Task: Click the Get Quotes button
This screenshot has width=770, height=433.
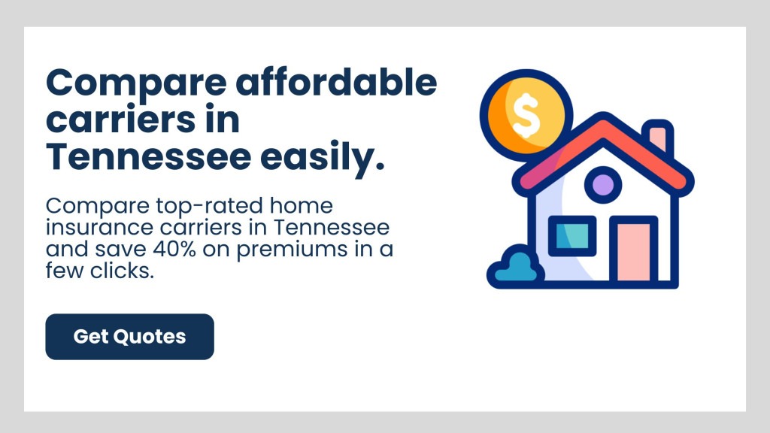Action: pos(129,337)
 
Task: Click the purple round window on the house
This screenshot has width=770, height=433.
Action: pos(603,184)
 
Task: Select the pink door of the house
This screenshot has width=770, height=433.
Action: pos(633,251)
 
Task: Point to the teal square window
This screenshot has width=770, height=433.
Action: pos(571,237)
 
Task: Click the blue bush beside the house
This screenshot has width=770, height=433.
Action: pos(516,267)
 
